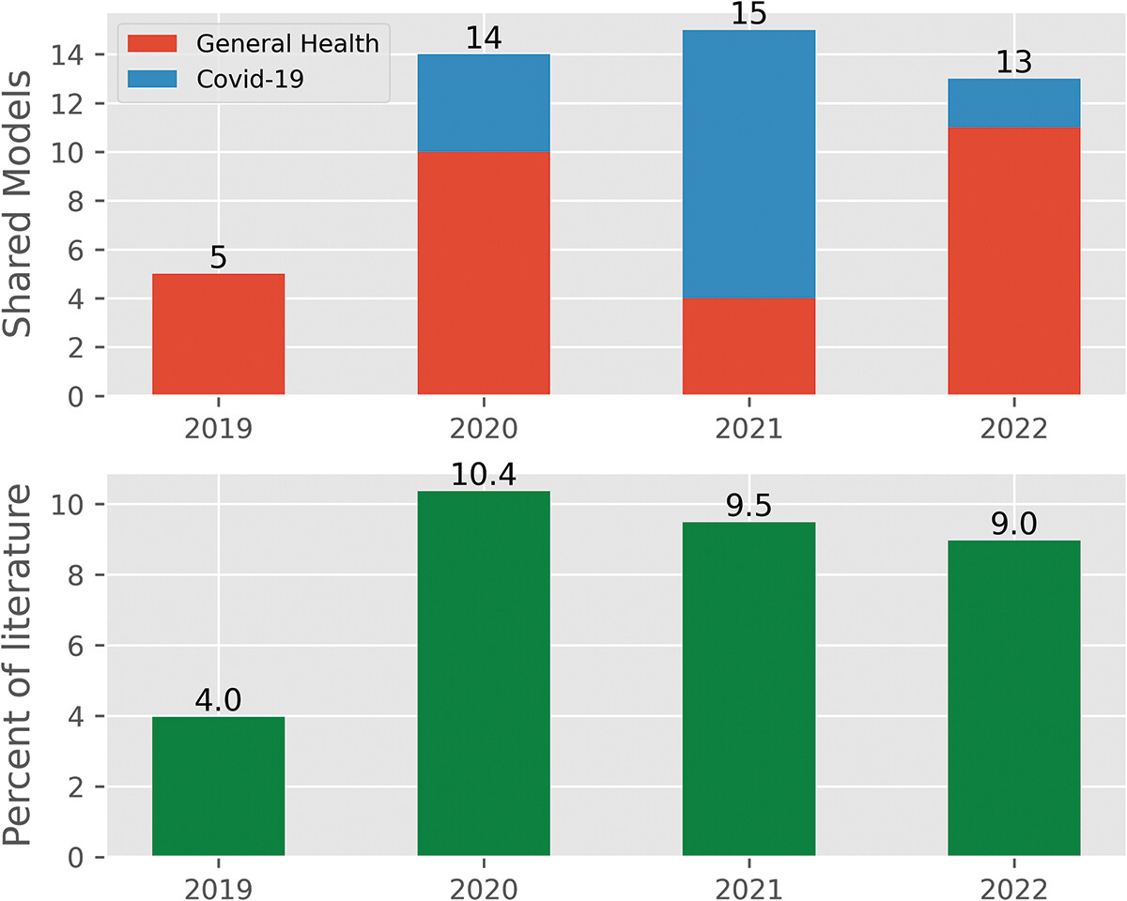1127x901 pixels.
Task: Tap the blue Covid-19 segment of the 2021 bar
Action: click(749, 164)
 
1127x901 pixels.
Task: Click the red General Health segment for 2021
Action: click(749, 346)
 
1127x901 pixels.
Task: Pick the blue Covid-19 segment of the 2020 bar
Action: click(484, 103)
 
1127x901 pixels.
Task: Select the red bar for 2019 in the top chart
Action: click(218, 334)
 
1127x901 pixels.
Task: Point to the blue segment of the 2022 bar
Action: click(1013, 103)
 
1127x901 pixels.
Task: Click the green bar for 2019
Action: click(218, 786)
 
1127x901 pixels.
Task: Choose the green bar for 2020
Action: click(484, 674)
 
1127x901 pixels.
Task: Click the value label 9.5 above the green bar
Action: click(749, 507)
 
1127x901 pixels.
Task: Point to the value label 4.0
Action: click(218, 701)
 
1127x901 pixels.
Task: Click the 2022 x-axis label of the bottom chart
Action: click(1013, 886)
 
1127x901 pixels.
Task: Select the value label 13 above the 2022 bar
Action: click(1013, 62)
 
